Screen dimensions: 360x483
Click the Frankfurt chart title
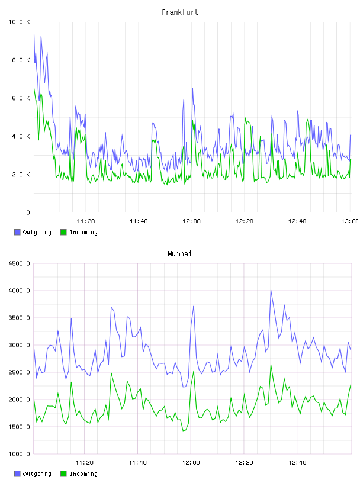click(x=180, y=12)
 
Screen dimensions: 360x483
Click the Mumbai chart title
click(x=179, y=253)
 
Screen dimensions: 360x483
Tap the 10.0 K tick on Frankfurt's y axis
click(x=19, y=22)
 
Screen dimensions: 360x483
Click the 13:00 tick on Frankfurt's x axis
click(x=350, y=221)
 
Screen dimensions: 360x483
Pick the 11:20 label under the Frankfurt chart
click(x=86, y=221)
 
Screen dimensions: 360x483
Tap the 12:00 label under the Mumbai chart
click(x=191, y=462)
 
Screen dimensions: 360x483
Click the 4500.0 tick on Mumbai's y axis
click(x=19, y=263)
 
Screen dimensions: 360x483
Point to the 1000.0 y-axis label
click(x=19, y=454)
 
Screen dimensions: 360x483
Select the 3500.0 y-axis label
click(x=19, y=318)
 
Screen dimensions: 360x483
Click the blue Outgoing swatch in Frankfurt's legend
click(x=17, y=232)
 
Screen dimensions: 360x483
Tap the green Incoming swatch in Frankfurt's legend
click(x=63, y=232)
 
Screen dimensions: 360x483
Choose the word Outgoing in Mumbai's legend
click(x=37, y=474)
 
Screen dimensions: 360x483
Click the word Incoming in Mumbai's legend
click(x=83, y=474)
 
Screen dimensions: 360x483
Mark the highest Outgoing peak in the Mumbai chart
click(x=271, y=289)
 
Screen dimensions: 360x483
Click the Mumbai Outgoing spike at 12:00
click(x=194, y=306)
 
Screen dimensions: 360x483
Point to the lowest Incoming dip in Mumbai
click(x=184, y=431)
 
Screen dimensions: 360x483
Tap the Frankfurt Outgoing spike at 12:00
click(x=192, y=88)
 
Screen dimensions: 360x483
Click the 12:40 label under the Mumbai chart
click(x=297, y=462)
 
